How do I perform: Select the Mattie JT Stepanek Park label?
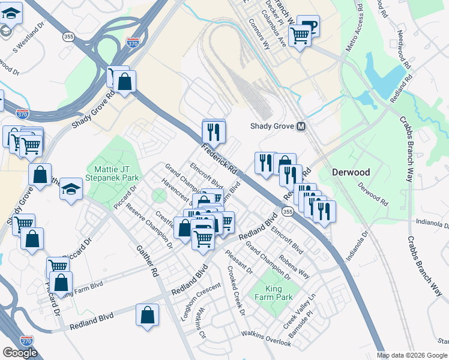click(x=113, y=173)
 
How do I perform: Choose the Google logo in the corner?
click(x=20, y=352)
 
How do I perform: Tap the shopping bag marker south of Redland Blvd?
click(x=148, y=315)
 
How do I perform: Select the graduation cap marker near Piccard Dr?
click(x=71, y=190)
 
